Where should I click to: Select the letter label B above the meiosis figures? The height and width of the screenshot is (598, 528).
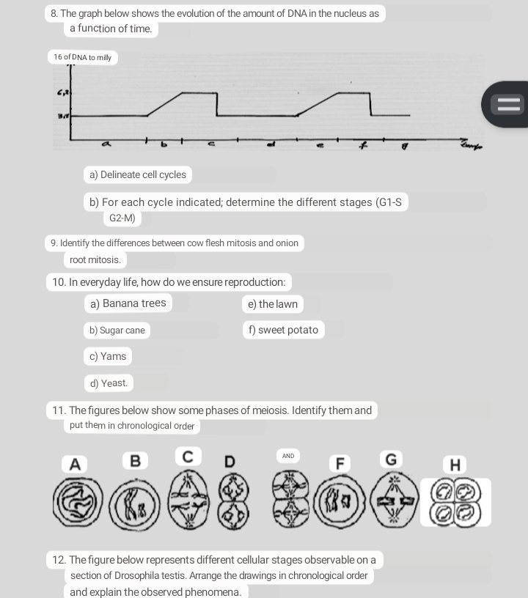[135, 460]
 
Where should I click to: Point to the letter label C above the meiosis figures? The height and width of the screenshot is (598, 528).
[188, 457]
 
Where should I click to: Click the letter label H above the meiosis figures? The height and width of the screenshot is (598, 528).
[455, 465]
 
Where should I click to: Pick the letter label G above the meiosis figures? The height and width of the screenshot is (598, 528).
[391, 459]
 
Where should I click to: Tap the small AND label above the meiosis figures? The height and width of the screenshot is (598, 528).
[288, 456]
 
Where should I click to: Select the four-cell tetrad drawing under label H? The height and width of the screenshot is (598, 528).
[455, 502]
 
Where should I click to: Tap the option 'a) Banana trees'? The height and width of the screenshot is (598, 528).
[128, 303]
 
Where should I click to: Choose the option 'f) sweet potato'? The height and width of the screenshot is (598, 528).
[283, 330]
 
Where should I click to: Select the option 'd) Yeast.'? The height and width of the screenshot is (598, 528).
[109, 383]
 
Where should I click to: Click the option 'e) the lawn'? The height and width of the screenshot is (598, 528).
[273, 304]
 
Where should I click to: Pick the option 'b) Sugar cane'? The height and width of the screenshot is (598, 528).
[117, 331]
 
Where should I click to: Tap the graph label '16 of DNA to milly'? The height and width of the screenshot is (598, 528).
[83, 57]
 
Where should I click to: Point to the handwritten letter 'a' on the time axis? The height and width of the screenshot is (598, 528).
[107, 146]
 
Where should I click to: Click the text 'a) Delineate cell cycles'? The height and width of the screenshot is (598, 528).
[138, 174]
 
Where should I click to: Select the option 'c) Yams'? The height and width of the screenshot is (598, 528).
[108, 356]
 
